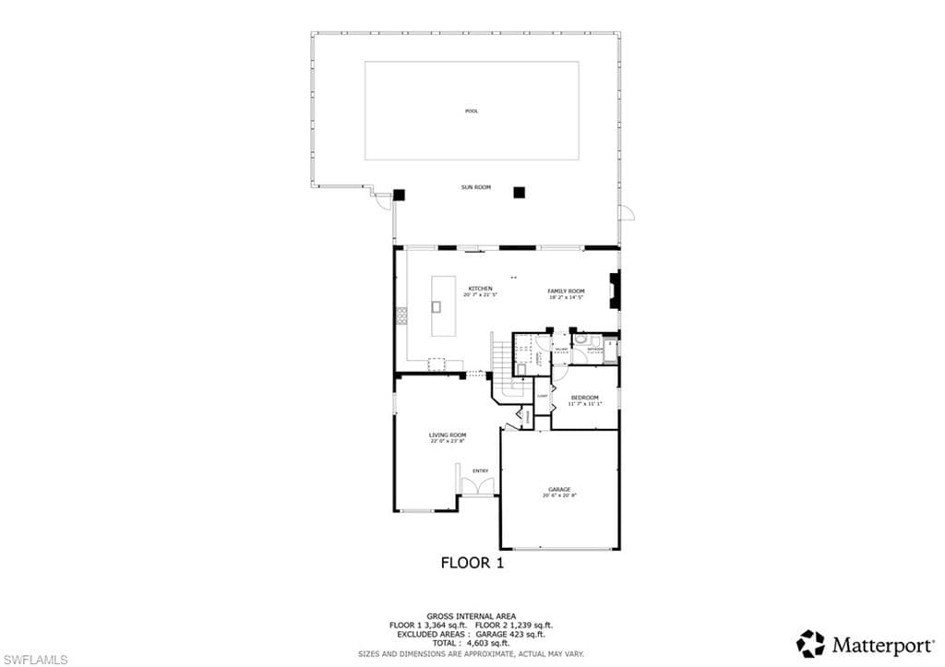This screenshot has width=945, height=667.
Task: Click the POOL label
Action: (x=472, y=112)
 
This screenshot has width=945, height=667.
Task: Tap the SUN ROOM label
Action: (x=475, y=187)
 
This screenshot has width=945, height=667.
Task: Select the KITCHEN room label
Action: (x=480, y=289)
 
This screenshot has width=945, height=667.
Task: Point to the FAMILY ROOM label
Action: (x=567, y=290)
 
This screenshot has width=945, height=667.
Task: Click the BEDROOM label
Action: (x=584, y=398)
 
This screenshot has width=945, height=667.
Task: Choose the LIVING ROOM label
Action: (x=447, y=435)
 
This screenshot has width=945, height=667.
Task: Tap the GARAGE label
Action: (x=559, y=489)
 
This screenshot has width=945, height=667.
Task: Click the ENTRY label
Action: (x=480, y=470)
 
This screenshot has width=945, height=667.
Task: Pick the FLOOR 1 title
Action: (x=472, y=562)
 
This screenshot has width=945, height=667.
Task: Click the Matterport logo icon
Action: (x=810, y=643)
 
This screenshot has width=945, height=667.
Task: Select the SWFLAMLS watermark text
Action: (x=34, y=659)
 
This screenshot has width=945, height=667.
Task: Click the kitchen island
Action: (x=438, y=306)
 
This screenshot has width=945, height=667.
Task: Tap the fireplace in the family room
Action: (x=615, y=290)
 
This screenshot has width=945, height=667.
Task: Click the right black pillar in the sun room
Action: (x=519, y=193)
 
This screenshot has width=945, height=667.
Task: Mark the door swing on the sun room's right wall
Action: (x=627, y=212)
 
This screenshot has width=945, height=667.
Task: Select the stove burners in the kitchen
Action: (x=401, y=316)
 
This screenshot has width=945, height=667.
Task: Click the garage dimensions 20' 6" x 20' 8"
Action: (x=559, y=496)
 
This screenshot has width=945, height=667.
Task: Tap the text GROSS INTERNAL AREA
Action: (x=471, y=615)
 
